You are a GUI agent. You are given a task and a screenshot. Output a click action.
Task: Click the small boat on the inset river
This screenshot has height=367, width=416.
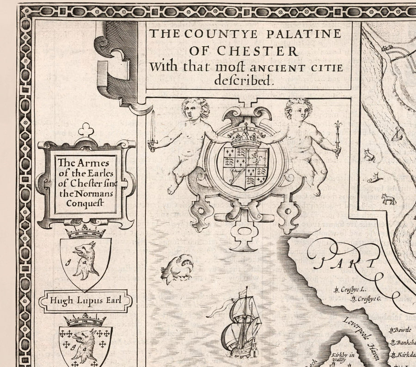coord(397,135)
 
